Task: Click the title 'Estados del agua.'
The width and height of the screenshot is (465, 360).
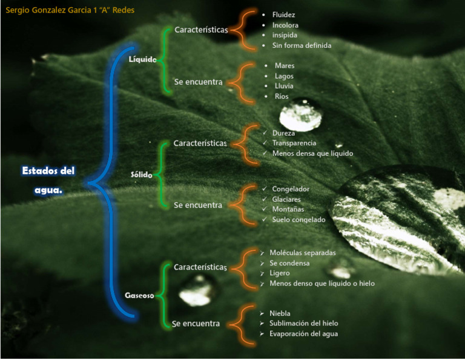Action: pos(48,180)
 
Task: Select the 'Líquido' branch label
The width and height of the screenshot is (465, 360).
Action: pos(143,59)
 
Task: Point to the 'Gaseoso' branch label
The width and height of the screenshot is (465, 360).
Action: pos(139,296)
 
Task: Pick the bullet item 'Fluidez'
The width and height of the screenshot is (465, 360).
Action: pos(284,15)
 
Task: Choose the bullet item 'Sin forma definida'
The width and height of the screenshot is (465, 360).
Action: pos(302,45)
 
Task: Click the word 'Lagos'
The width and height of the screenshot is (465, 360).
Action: pos(284,76)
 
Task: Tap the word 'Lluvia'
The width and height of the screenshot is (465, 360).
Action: pos(284,86)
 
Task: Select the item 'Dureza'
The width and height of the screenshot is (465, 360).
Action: pos(283,133)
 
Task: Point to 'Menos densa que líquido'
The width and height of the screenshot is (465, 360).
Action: pos(312,153)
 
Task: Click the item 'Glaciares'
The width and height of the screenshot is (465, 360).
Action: pos(286,199)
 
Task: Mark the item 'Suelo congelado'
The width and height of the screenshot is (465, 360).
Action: pos(298,219)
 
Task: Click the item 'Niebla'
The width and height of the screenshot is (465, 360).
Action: pos(280,313)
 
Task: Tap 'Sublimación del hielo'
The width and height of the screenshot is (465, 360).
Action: pos(303,324)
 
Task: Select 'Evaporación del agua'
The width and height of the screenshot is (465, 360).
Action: pos(303,334)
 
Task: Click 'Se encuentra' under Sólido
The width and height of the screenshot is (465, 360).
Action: pos(197,205)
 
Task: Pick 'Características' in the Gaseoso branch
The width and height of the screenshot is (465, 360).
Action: pos(200,267)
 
